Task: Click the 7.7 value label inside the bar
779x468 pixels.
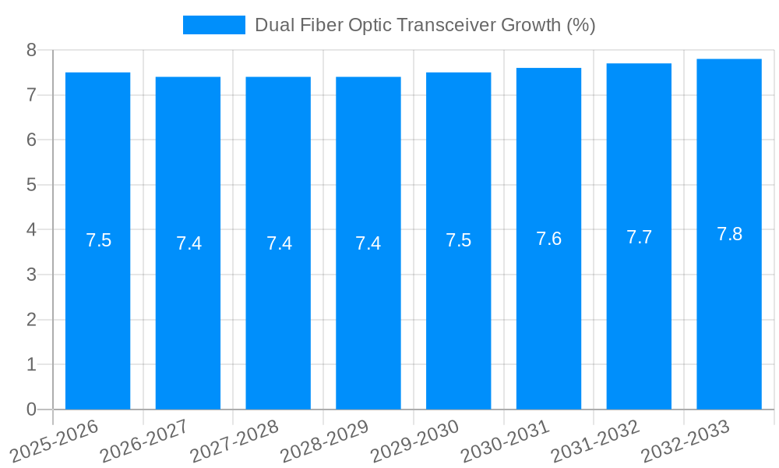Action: pyautogui.click(x=639, y=237)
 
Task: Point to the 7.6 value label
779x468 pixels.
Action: pyautogui.click(x=548, y=239)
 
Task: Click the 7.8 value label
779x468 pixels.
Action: pyautogui.click(x=729, y=234)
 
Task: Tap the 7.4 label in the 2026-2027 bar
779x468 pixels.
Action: pyautogui.click(x=189, y=243)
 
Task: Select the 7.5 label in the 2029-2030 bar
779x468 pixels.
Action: pyautogui.click(x=458, y=240)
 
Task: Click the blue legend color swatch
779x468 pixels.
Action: pyautogui.click(x=213, y=25)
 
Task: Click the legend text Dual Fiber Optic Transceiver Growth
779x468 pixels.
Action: pyautogui.click(x=425, y=25)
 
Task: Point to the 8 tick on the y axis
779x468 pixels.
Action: pyautogui.click(x=31, y=50)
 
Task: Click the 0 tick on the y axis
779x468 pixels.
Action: pyautogui.click(x=31, y=409)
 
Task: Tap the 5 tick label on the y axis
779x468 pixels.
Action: pyautogui.click(x=31, y=185)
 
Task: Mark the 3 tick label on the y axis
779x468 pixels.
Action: pyautogui.click(x=31, y=275)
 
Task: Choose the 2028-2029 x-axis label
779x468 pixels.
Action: pyautogui.click(x=324, y=441)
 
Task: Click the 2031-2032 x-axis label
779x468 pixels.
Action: pyautogui.click(x=595, y=441)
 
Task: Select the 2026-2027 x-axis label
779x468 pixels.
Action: pyautogui.click(x=144, y=441)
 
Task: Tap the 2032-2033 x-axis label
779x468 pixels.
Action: pyautogui.click(x=686, y=441)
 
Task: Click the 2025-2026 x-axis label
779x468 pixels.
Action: pyautogui.click(x=54, y=441)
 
